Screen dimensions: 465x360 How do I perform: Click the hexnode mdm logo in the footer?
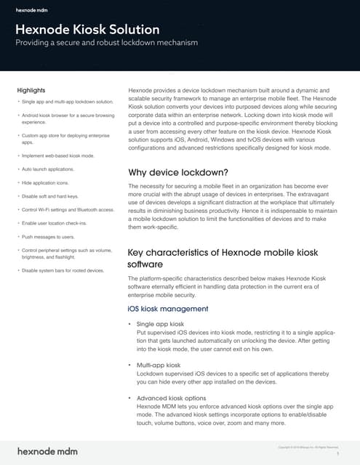[x=47, y=450]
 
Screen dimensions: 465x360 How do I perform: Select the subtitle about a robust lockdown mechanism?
[x=107, y=44]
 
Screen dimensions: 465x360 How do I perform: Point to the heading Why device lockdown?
[x=178, y=173]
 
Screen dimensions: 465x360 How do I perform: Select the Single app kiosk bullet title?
[x=160, y=323]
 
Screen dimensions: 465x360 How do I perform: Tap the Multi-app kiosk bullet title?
[x=159, y=365]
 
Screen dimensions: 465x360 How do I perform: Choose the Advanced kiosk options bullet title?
[x=172, y=398]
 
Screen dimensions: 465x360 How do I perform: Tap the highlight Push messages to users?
[x=49, y=237]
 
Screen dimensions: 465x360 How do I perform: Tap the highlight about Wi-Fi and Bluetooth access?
[x=68, y=209]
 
